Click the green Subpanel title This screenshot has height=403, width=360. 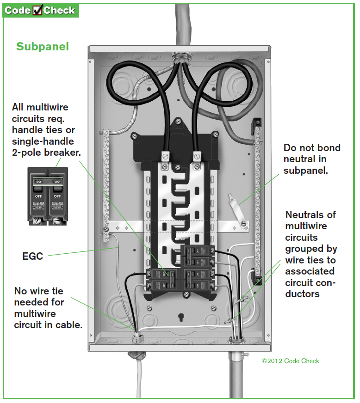click(43, 47)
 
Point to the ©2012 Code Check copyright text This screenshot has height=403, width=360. click(290, 361)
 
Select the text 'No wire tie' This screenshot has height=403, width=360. click(39, 291)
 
